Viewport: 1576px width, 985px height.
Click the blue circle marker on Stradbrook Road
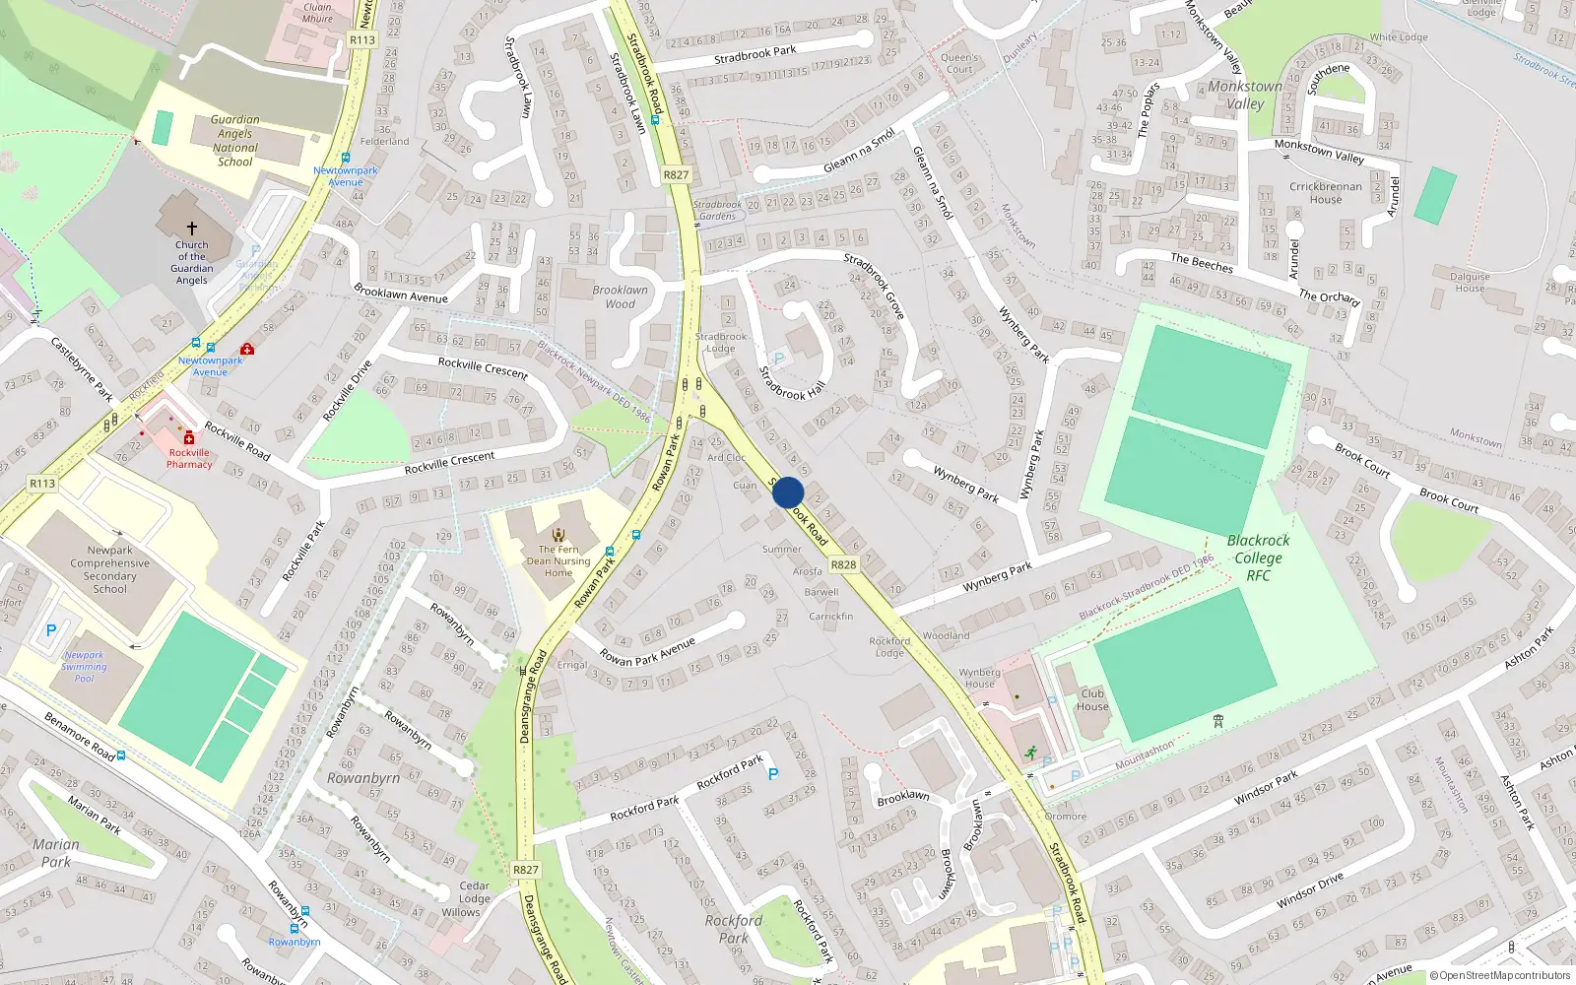788,492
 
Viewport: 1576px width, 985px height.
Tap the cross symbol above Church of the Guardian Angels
192,228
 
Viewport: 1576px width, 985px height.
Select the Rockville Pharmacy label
189,459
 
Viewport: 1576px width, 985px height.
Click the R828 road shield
843,564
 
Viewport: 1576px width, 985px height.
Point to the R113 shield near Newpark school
42,484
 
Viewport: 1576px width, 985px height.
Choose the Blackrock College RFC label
1258,558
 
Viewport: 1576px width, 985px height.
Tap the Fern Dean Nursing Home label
558,561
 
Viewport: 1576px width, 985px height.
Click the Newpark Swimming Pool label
85,667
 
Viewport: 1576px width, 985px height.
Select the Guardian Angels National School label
234,141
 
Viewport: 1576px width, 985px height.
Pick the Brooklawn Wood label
621,296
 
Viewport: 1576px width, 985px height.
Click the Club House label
1092,699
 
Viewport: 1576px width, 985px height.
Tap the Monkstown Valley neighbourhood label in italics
1245,95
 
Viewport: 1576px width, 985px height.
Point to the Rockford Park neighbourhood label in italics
734,929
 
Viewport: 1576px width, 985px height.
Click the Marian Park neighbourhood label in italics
56,853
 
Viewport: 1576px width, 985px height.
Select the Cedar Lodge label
474,891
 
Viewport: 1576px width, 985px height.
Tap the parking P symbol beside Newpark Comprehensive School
51,630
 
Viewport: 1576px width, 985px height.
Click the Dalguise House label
1470,283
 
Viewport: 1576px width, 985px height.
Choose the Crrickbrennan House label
1326,193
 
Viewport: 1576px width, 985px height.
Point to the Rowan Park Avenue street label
648,651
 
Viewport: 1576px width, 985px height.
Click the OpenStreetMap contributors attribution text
1501,976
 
